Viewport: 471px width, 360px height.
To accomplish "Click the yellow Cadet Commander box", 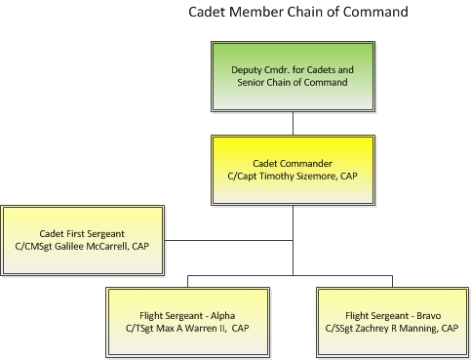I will (294, 170).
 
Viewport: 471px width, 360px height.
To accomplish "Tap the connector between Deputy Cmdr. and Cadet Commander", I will (294, 123).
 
